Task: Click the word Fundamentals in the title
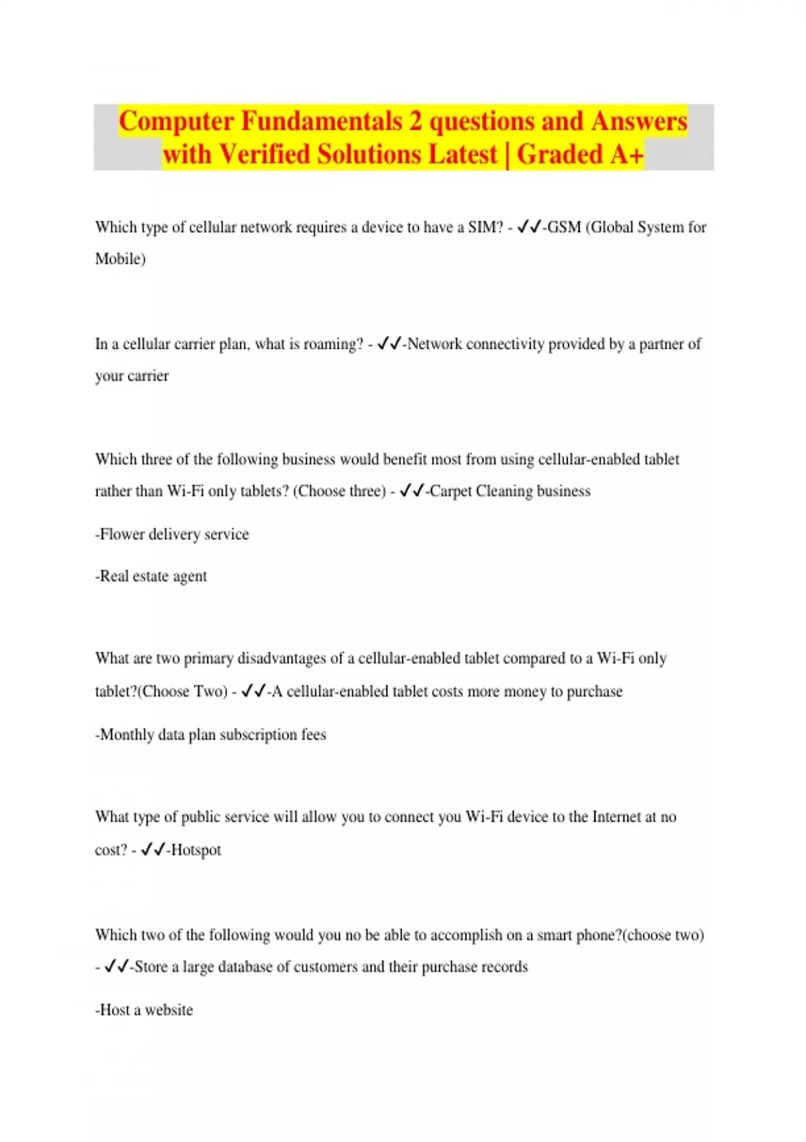point(321,122)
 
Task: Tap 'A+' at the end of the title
point(627,155)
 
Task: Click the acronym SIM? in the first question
point(485,228)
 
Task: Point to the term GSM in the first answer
point(564,228)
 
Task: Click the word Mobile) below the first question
point(120,259)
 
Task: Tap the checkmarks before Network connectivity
point(389,344)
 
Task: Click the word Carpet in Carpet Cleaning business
point(451,491)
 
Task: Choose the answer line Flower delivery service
point(173,535)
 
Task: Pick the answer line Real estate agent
point(152,576)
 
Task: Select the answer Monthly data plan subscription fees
point(211,735)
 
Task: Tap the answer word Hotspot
point(196,850)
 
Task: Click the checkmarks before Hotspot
point(152,850)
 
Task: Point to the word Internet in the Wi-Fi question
point(616,817)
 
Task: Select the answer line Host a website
point(144,1010)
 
